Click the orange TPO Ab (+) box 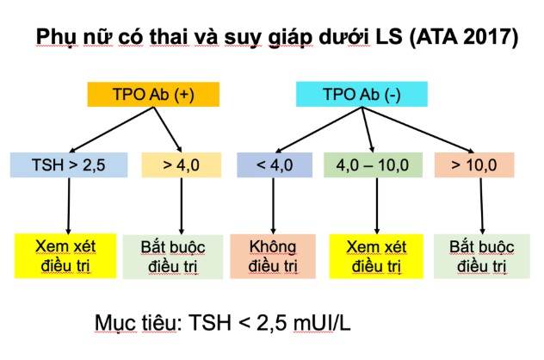[153, 95]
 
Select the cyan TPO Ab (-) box [362, 94]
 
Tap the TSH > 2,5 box [69, 164]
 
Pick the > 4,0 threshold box [181, 164]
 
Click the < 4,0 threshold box [275, 164]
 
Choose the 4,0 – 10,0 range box [373, 164]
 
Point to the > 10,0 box [474, 164]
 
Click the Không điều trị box [273, 257]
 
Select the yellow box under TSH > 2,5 [65, 256]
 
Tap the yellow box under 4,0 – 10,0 [376, 257]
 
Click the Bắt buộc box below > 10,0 [482, 257]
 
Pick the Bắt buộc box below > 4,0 [173, 257]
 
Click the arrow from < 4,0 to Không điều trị [274, 206]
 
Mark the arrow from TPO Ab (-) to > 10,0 [417, 130]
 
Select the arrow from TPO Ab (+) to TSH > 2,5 [111, 129]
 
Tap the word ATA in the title [437, 36]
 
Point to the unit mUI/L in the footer [322, 323]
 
